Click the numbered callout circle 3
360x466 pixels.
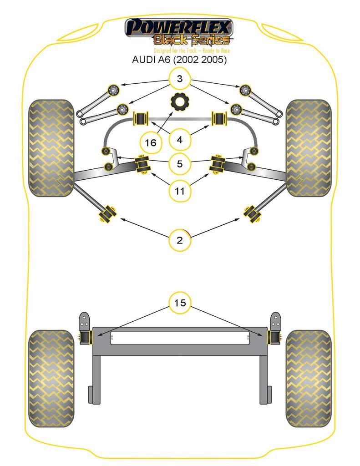tap(180, 79)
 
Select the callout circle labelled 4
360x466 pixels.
tap(180, 139)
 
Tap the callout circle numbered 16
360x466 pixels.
tap(150, 143)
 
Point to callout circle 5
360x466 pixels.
tap(180, 163)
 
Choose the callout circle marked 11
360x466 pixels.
tap(180, 191)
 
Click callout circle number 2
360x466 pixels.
tap(180, 240)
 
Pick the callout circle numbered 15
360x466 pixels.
tap(180, 303)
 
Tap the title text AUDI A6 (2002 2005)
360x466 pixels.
tap(179, 60)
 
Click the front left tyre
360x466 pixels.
tap(51, 148)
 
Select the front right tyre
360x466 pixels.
tap(308, 148)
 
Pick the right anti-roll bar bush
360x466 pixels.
tap(220, 119)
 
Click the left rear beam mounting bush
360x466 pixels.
tap(86, 337)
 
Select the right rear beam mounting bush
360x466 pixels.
tap(274, 337)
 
